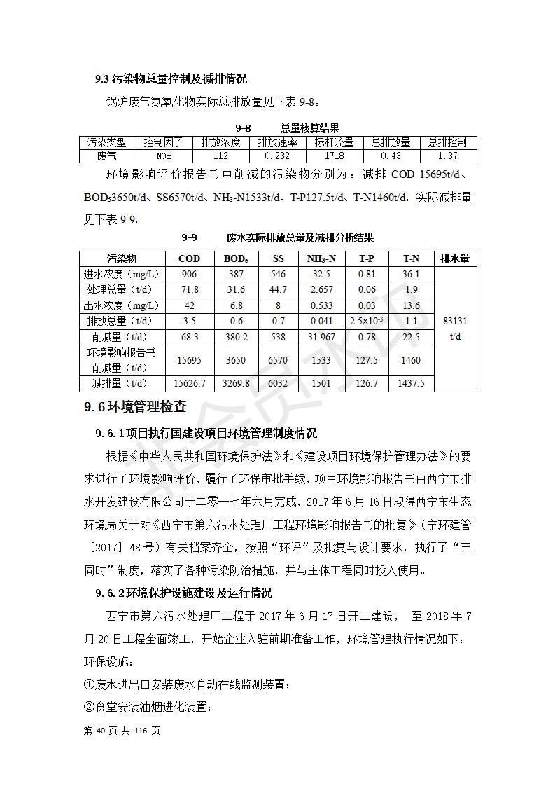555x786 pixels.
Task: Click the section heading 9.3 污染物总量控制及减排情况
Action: [171, 79]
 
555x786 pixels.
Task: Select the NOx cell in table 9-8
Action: [163, 156]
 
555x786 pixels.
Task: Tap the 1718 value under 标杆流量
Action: [335, 156]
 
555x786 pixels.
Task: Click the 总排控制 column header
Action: [447, 142]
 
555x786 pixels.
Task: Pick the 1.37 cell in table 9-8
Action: [447, 156]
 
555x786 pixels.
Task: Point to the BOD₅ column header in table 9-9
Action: [236, 258]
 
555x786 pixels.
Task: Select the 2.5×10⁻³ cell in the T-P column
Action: [366, 321]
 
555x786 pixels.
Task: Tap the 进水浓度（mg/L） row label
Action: [122, 274]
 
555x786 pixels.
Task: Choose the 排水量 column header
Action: [455, 258]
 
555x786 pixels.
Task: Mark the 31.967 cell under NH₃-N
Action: [322, 337]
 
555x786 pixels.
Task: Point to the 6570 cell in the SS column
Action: [278, 360]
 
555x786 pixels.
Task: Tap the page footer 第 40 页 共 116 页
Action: [122, 731]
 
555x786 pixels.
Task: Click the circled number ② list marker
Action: [89, 707]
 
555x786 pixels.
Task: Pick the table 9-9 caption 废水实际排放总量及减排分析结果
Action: [300, 237]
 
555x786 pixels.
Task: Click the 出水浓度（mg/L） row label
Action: [122, 305]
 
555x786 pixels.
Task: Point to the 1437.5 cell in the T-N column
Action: [412, 383]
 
